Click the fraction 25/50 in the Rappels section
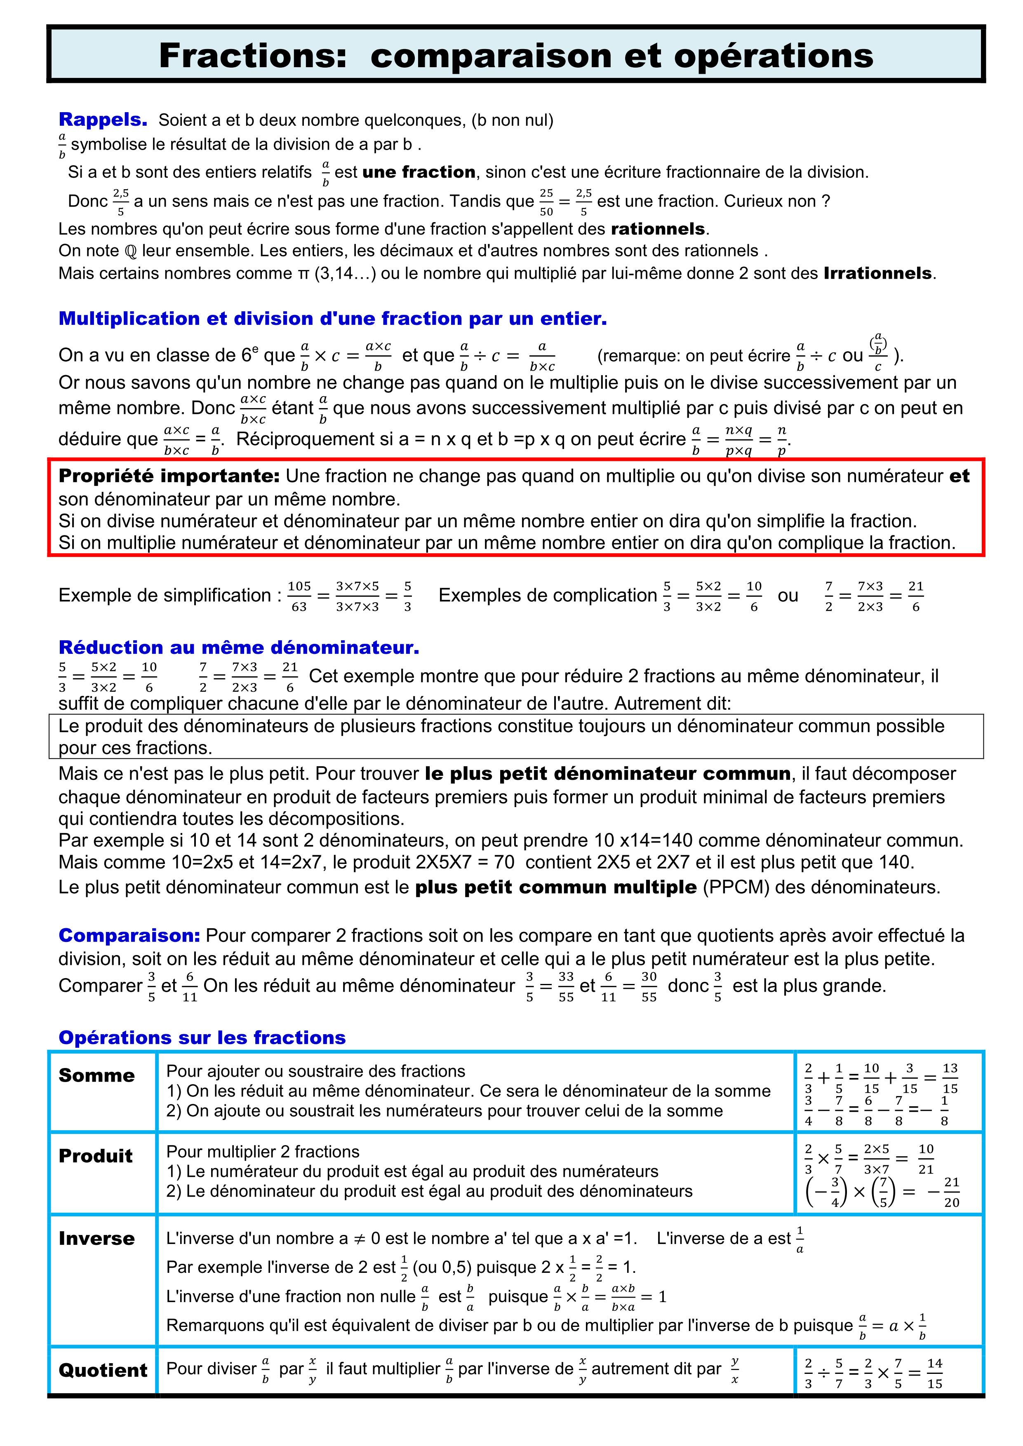(546, 202)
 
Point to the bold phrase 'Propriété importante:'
(169, 476)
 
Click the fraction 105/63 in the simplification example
(299, 596)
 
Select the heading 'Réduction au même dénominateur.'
(239, 648)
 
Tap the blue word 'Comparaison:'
(129, 936)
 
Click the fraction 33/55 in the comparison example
(566, 986)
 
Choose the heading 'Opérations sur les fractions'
(202, 1037)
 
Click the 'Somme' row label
(96, 1076)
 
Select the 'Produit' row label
(96, 1156)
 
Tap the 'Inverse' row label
(96, 1239)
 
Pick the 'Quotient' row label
(103, 1371)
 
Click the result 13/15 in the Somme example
(950, 1078)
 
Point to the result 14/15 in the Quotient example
(935, 1373)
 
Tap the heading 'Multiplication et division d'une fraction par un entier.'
(333, 319)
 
